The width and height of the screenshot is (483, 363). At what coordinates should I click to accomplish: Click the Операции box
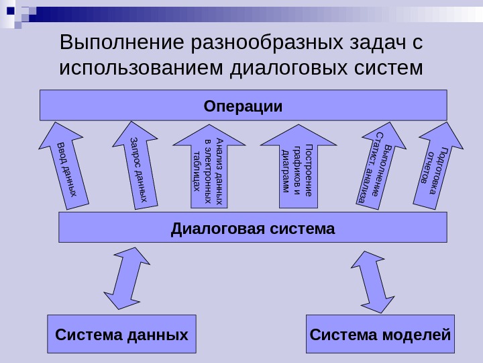click(243, 106)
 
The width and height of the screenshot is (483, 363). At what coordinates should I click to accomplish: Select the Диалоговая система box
click(253, 228)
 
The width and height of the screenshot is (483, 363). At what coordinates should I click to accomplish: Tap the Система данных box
click(121, 333)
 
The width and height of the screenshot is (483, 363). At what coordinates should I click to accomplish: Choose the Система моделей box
click(380, 333)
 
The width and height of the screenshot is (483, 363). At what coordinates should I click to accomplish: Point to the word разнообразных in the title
click(268, 44)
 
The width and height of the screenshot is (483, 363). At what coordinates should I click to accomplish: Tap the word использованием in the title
click(142, 69)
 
